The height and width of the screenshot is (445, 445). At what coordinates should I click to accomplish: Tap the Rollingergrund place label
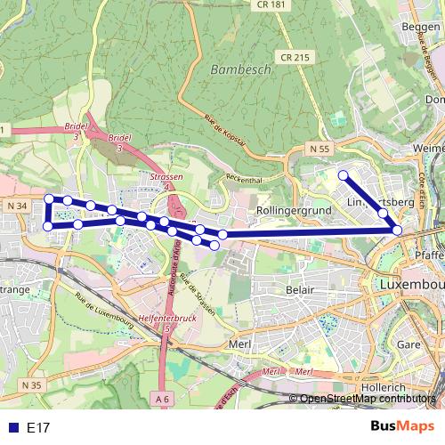[293, 210]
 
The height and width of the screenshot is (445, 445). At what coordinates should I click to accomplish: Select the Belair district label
[302, 289]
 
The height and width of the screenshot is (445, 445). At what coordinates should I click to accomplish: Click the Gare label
[408, 343]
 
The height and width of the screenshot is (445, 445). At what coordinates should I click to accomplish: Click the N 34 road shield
[18, 206]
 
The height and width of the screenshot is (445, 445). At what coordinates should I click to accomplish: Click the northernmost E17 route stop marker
[343, 175]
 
